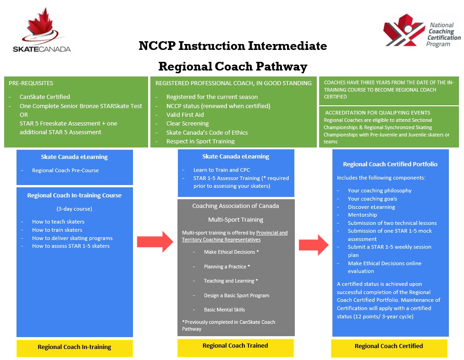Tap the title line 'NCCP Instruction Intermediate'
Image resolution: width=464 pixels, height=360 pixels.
click(233, 46)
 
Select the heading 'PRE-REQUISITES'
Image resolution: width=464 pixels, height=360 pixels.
click(31, 83)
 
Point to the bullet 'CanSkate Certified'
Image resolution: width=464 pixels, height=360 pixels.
click(44, 97)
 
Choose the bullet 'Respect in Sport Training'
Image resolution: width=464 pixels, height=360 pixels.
click(200, 141)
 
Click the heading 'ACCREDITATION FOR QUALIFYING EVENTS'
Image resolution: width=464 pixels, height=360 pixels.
click(377, 113)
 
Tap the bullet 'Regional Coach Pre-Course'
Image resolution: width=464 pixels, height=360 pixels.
click(65, 170)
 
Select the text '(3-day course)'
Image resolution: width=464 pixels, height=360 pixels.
click(74, 209)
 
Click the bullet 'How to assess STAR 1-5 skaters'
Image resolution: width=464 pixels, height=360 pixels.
click(71, 246)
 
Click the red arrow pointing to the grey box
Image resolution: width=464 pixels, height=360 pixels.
click(155, 242)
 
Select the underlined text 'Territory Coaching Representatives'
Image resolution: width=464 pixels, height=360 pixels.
click(221, 240)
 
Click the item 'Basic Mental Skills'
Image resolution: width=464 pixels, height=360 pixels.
click(224, 310)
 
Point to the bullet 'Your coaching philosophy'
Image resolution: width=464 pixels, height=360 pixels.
click(380, 191)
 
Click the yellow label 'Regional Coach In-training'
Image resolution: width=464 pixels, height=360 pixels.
click(74, 347)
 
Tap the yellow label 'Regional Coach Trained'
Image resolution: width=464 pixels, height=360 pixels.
click(235, 346)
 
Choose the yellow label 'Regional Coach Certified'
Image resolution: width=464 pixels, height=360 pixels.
click(389, 346)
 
